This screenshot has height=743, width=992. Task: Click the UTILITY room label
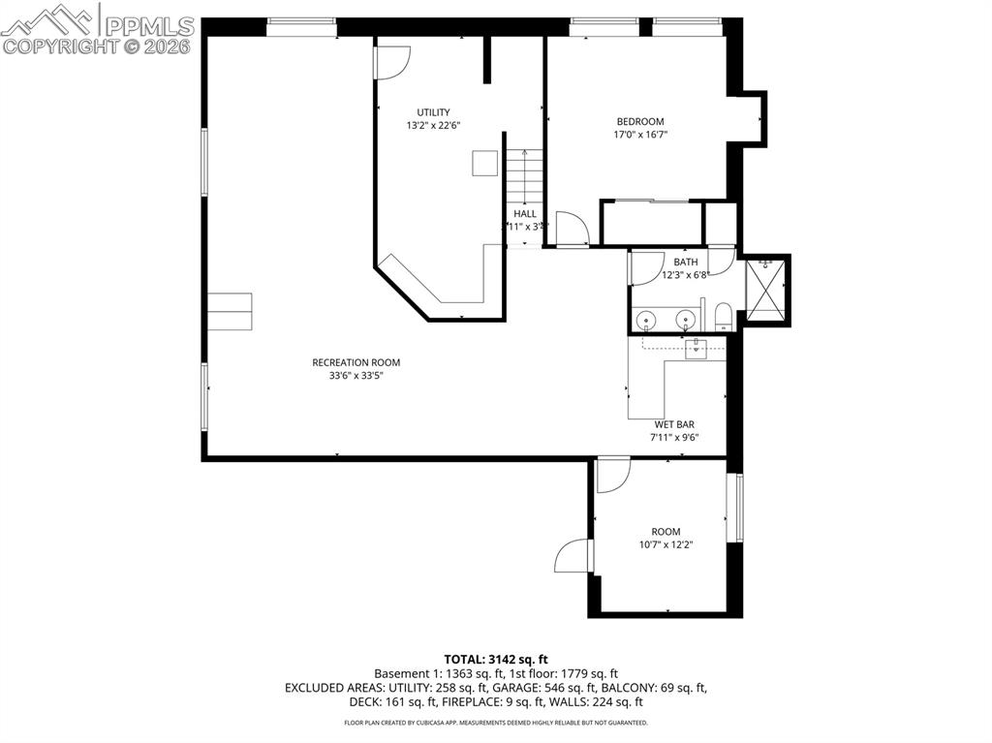pyautogui.click(x=433, y=112)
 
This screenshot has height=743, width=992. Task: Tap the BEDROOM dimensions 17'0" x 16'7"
pyautogui.click(x=640, y=135)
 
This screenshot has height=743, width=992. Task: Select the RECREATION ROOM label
pyautogui.click(x=356, y=362)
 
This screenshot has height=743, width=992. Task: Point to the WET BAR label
pyautogui.click(x=674, y=424)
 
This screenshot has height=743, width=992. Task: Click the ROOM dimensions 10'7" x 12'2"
pyautogui.click(x=666, y=544)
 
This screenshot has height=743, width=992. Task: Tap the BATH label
pyautogui.click(x=686, y=262)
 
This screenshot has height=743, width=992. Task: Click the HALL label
pyautogui.click(x=524, y=214)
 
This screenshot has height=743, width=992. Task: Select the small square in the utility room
pyautogui.click(x=484, y=164)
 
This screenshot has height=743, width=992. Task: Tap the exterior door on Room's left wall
pyautogui.click(x=574, y=555)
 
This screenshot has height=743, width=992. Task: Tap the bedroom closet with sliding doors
pyautogui.click(x=650, y=223)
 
